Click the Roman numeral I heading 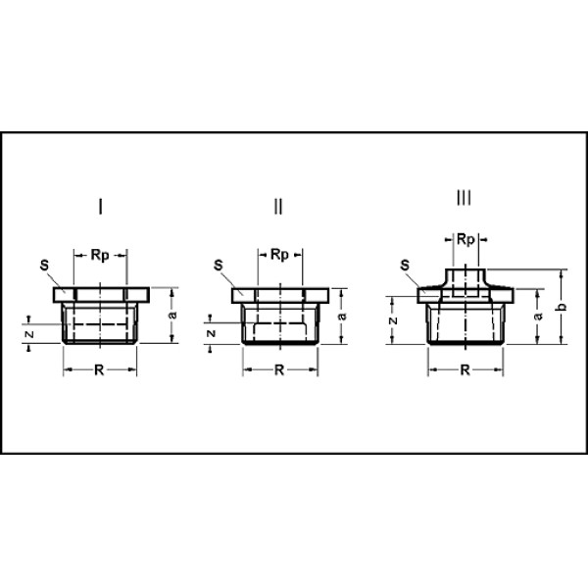click(101, 207)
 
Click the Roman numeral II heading click(278, 207)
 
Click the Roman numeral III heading click(464, 199)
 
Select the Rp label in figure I click(100, 256)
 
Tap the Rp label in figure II click(278, 256)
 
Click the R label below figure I click(101, 370)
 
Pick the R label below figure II click(278, 370)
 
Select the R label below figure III click(465, 370)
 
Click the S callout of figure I click(44, 265)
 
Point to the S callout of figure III click(405, 265)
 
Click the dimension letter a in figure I click(171, 315)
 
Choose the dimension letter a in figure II click(343, 316)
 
